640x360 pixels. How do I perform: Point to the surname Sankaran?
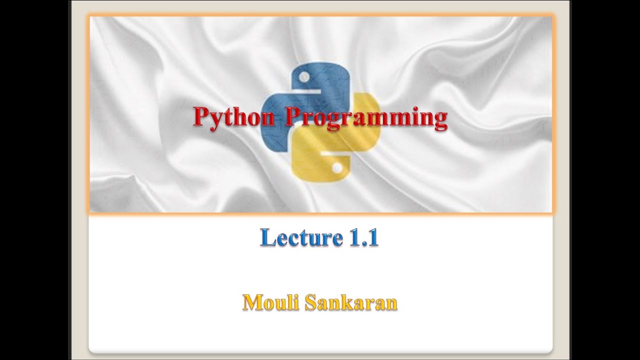[351, 302]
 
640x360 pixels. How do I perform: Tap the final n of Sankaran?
[391, 304]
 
